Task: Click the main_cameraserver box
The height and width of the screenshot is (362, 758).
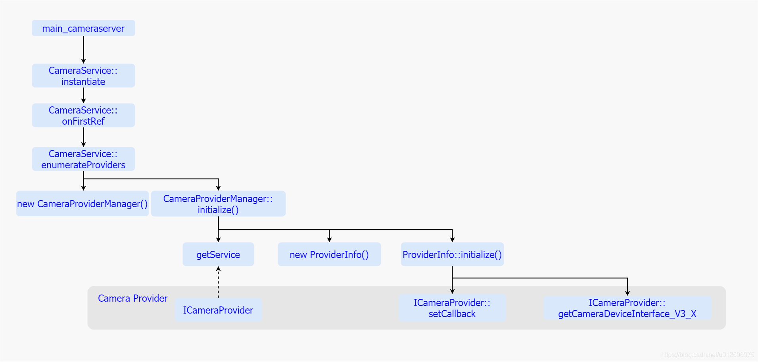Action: point(83,28)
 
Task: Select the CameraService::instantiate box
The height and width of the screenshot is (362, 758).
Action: point(83,76)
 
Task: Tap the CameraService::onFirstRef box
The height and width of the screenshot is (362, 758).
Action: point(83,116)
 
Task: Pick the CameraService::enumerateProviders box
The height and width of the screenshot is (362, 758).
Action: point(83,159)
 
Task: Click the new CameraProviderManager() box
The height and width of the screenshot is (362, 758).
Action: point(83,204)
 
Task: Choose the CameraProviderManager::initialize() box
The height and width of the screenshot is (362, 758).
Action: point(218,204)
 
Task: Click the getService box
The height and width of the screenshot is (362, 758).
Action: point(218,254)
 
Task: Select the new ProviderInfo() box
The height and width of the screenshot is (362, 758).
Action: point(329,254)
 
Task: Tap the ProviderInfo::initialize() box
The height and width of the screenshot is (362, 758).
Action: point(452,254)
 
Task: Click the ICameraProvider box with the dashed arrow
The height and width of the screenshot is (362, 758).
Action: point(218,310)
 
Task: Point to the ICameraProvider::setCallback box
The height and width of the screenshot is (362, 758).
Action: point(452,308)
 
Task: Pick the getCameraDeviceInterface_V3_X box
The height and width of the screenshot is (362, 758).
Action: point(627,308)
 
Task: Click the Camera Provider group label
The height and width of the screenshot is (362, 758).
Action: point(132,298)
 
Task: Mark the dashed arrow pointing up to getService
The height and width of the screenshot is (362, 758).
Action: point(218,282)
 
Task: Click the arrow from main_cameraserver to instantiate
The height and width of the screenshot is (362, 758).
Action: point(83,50)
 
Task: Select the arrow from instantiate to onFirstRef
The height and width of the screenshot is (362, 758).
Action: point(83,95)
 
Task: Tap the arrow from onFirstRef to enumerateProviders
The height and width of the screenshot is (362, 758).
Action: point(83,137)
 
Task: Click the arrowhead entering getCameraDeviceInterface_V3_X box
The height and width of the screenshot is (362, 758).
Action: point(627,293)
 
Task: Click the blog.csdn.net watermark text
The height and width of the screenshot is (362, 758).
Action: point(708,354)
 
